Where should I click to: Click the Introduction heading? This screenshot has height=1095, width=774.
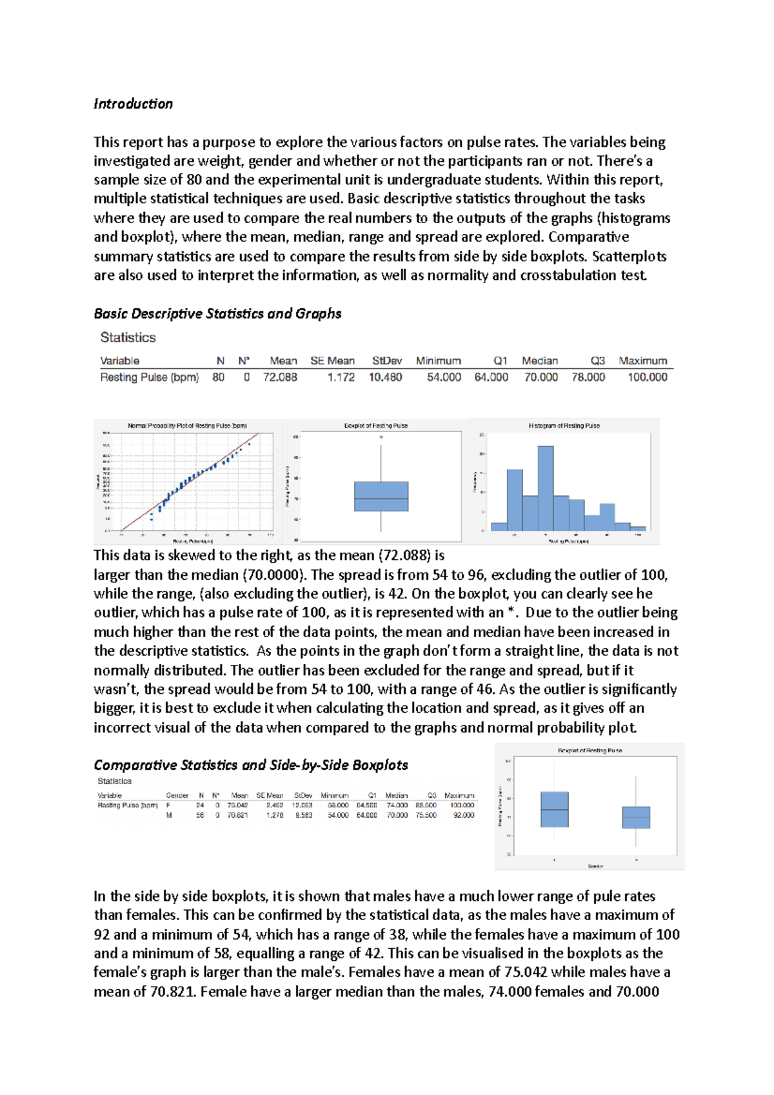click(x=133, y=104)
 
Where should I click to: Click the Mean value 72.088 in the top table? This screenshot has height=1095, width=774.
click(x=280, y=377)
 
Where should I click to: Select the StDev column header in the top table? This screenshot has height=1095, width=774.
click(x=386, y=360)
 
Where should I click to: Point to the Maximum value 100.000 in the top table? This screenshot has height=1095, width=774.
click(x=647, y=377)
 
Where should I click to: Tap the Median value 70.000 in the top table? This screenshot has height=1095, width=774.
click(x=541, y=377)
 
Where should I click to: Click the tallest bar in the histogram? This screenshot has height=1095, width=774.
click(x=546, y=488)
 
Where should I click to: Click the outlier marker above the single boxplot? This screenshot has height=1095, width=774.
click(x=381, y=437)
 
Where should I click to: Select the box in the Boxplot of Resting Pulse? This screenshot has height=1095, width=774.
click(x=381, y=497)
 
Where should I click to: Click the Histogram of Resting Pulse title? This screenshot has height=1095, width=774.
click(x=564, y=426)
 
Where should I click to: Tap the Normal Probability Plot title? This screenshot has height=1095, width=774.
click(x=187, y=426)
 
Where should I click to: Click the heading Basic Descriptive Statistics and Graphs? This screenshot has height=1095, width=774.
click(x=217, y=314)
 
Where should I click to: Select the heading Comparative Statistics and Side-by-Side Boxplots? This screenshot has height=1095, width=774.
click(x=250, y=765)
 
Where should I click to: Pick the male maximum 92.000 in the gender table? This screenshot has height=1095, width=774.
click(x=463, y=815)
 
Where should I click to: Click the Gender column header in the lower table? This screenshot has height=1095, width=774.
click(x=177, y=796)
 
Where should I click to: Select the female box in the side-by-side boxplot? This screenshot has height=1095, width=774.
click(x=554, y=809)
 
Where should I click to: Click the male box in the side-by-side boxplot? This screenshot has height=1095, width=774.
click(x=636, y=817)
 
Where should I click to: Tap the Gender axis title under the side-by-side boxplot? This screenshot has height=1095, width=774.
click(x=595, y=866)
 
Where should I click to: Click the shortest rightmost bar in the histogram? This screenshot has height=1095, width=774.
click(x=638, y=528)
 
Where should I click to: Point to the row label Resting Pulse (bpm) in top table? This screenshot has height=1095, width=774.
click(x=149, y=377)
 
